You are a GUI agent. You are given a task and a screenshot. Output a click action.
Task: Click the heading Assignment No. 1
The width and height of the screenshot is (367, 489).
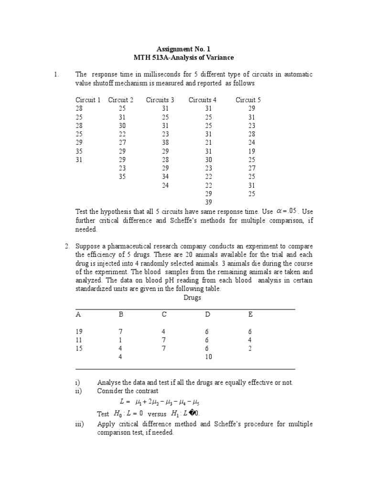[x=183, y=49]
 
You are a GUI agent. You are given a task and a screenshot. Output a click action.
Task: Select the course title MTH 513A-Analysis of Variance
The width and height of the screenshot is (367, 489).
[x=183, y=58]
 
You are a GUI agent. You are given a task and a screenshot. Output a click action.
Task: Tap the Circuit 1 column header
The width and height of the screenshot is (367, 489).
[x=88, y=100]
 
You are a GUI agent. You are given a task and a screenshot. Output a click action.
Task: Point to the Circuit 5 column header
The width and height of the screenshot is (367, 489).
[x=248, y=100]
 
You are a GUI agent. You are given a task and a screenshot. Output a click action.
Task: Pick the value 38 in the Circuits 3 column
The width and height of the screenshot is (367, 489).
[x=165, y=143]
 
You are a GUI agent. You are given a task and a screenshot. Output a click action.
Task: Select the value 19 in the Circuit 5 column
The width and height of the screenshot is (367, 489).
[x=252, y=151]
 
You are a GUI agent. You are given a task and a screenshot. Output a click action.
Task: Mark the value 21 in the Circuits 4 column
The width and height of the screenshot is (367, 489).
[x=208, y=143]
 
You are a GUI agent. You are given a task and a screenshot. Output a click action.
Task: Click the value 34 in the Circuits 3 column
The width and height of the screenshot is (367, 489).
[x=165, y=177]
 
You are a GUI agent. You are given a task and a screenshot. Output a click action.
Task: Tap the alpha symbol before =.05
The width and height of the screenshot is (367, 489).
[x=281, y=211]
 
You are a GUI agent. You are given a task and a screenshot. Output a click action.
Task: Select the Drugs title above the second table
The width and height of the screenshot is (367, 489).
[x=193, y=298]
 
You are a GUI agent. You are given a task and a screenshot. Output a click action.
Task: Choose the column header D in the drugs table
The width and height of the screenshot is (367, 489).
[x=207, y=315]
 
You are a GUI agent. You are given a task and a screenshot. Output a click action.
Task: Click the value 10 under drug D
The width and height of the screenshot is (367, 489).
[x=208, y=357]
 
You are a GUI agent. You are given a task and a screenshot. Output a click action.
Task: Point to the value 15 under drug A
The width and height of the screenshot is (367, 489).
[x=79, y=349]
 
